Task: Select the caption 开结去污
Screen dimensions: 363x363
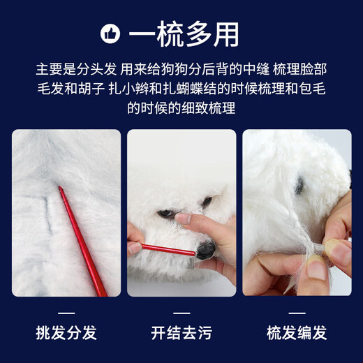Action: coord(181,332)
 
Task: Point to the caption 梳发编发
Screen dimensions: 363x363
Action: coord(297,332)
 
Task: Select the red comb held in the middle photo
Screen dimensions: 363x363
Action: coord(168,250)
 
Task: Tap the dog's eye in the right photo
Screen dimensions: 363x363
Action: coord(299,186)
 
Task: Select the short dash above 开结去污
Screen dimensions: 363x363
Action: coord(181,312)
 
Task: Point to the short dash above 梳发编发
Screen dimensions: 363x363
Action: coord(297,312)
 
